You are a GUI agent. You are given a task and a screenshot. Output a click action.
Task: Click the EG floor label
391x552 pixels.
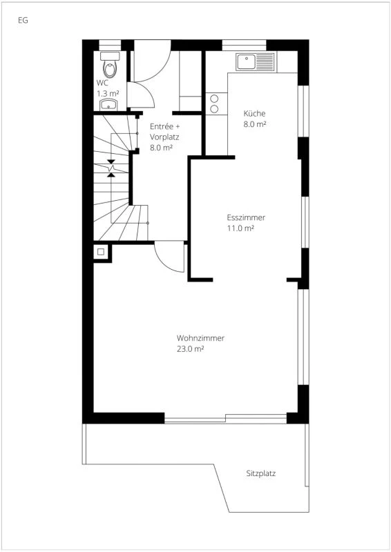(23, 20)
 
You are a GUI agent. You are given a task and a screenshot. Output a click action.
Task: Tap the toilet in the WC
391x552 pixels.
(110, 67)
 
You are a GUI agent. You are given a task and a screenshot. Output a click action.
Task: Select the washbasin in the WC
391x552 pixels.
(109, 104)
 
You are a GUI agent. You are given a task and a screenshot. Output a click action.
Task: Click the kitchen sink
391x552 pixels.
(247, 63)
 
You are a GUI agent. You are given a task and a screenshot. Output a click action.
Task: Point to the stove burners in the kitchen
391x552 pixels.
(215, 103)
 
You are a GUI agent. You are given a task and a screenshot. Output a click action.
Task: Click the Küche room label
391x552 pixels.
(254, 114)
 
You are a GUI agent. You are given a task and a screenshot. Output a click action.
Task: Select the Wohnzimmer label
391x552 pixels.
(200, 338)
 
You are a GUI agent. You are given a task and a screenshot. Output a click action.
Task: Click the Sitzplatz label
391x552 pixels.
(261, 474)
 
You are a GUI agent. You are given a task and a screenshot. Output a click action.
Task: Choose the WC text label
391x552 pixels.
(102, 83)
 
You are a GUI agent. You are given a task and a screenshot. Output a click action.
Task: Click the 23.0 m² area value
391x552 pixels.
(190, 349)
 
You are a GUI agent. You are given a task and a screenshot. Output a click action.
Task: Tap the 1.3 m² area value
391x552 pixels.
(108, 92)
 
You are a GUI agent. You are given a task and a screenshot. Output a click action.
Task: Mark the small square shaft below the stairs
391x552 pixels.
(101, 252)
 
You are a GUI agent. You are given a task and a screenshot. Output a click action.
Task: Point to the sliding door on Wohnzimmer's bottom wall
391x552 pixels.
(226, 418)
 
